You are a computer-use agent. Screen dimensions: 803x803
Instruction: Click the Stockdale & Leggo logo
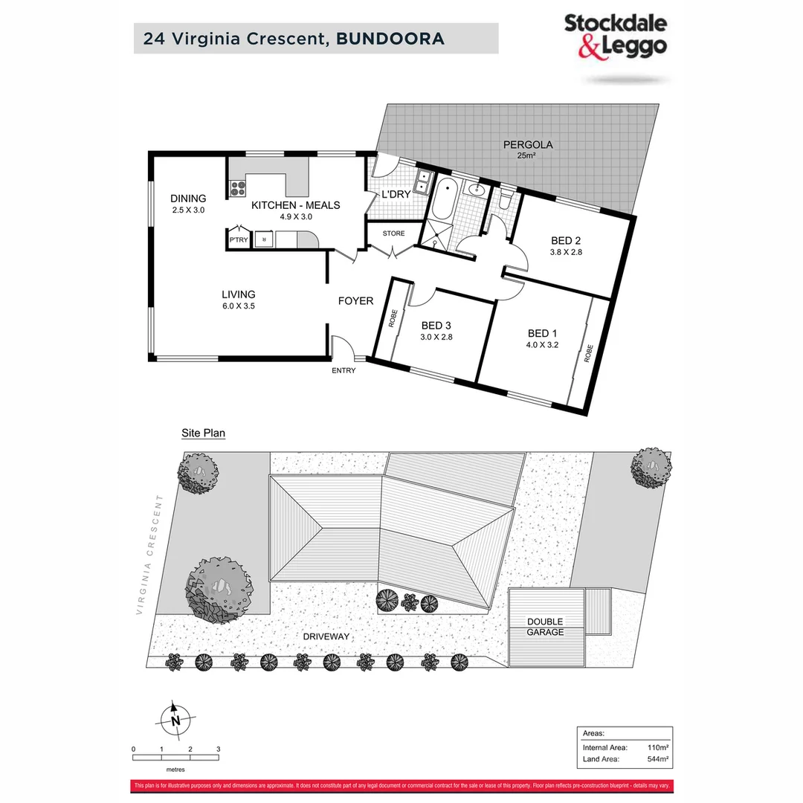[616, 36]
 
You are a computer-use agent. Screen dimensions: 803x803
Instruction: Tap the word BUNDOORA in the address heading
[390, 39]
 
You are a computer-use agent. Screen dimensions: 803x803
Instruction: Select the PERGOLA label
[528, 145]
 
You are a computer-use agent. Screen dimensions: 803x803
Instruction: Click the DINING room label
[187, 199]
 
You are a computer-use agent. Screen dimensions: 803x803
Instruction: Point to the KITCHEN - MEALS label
[295, 205]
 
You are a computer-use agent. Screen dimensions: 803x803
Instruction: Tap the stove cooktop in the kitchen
[238, 189]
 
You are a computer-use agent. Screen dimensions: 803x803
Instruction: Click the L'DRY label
[396, 195]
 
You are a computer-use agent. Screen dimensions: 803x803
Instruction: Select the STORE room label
[393, 233]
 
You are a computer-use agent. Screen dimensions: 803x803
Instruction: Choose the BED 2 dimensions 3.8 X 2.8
[566, 252]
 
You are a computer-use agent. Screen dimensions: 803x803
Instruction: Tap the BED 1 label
[542, 333]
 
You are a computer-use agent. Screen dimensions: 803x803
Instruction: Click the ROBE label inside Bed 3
[393, 318]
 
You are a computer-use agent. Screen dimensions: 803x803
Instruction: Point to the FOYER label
[355, 301]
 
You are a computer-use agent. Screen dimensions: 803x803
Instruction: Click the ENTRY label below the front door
[343, 370]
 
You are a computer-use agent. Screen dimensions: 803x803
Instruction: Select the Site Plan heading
[203, 432]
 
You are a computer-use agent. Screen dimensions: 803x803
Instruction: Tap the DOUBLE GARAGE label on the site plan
[545, 627]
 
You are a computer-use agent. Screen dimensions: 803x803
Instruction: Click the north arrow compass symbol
[175, 718]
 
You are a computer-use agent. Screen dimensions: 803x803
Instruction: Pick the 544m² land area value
[658, 760]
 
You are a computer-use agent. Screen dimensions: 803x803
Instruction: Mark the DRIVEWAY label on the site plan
[326, 637]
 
